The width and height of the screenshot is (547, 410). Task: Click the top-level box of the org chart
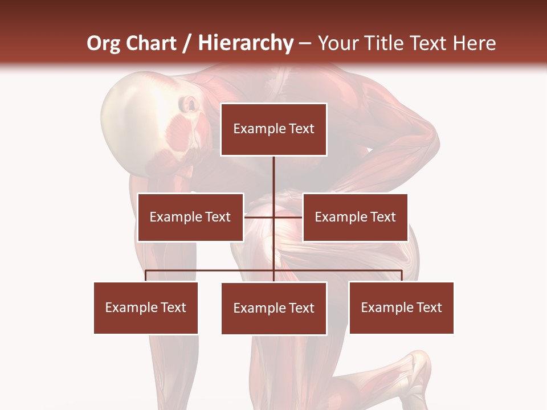pyautogui.click(x=273, y=129)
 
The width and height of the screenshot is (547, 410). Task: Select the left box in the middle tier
pyautogui.click(x=190, y=217)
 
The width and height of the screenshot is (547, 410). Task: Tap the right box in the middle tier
pyautogui.click(x=355, y=217)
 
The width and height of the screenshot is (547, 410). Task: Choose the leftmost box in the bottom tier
pyautogui.click(x=146, y=307)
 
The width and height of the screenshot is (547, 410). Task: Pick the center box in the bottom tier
pyautogui.click(x=273, y=308)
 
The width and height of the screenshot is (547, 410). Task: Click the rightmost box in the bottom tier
pyautogui.click(x=401, y=307)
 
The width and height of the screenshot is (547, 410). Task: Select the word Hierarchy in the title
pyautogui.click(x=245, y=43)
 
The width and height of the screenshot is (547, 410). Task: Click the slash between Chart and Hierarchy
pyautogui.click(x=187, y=43)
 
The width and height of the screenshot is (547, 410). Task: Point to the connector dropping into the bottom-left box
pyautogui.click(x=146, y=276)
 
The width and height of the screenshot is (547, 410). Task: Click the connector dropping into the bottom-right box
pyautogui.click(x=401, y=276)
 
